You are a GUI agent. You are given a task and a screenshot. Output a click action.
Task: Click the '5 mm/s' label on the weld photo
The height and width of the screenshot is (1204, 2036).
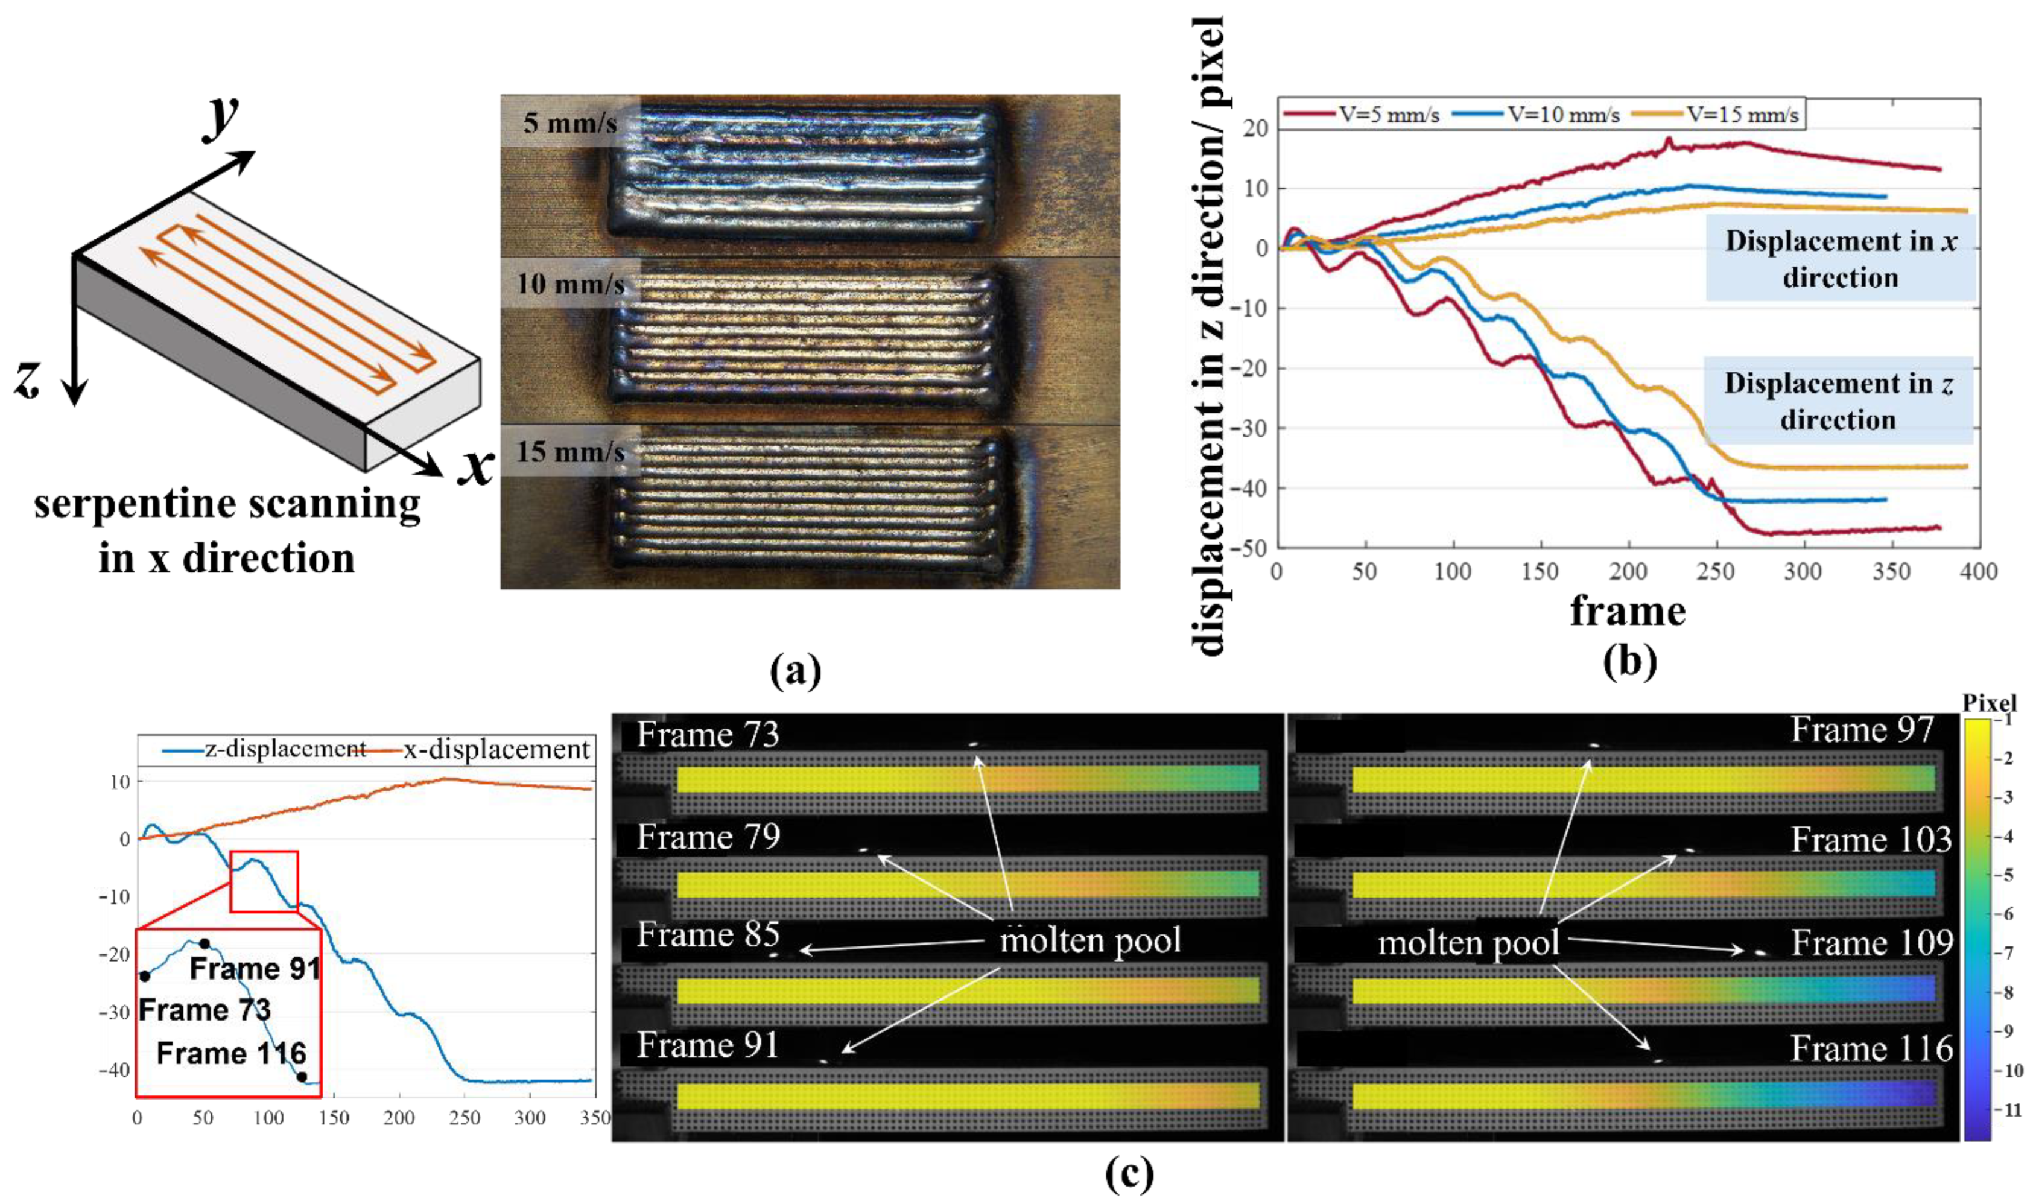pos(569,123)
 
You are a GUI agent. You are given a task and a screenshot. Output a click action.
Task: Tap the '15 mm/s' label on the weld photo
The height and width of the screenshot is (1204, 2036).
pos(570,451)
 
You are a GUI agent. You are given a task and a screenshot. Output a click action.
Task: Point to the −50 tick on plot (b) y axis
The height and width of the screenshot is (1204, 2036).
pos(1249,548)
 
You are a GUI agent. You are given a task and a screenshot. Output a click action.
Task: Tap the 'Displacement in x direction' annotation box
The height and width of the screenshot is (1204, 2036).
pos(1840,258)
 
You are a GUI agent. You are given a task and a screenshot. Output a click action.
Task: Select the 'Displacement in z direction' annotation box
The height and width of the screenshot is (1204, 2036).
pos(1838,401)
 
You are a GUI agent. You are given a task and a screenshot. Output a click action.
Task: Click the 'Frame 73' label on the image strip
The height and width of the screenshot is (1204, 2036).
pos(708,734)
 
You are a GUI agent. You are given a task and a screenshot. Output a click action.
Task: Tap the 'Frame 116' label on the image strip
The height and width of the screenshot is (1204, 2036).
pos(1871,1049)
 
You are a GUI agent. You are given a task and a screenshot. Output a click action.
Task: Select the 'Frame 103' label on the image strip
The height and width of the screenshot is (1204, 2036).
pos(1871,839)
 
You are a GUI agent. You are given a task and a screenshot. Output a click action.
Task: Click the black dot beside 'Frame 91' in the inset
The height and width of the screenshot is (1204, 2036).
pos(205,943)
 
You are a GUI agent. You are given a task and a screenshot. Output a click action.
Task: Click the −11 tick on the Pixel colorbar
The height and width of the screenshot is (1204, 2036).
pos(2013,1110)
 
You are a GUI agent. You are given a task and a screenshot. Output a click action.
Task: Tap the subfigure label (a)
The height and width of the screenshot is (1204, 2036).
pos(795,672)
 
